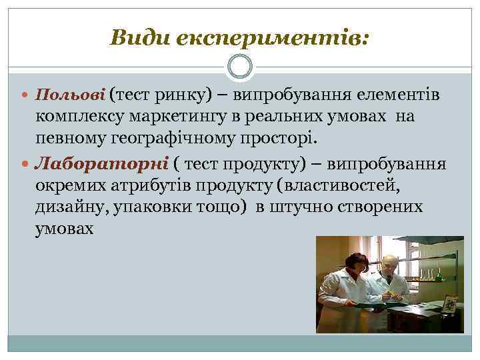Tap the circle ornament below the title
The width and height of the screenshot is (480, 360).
pos(239,67)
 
